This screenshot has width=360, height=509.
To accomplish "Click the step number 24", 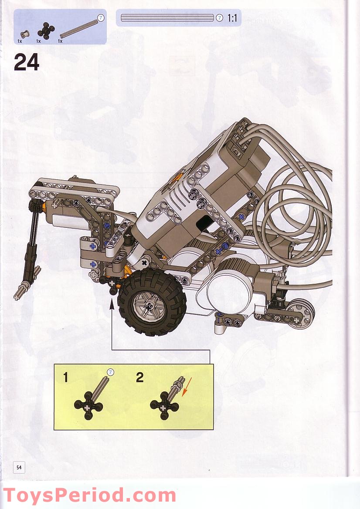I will [27, 62].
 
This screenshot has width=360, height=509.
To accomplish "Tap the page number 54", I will [19, 467].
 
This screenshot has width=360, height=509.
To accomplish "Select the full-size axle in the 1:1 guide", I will [168, 18].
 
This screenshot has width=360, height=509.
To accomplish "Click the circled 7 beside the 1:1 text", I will [219, 18].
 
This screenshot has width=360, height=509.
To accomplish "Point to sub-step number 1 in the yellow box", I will [66, 378].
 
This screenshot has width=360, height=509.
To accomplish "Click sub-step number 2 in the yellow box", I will [139, 377].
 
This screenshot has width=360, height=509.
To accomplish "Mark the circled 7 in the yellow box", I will [110, 372].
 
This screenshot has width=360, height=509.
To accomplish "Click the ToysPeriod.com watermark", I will [89, 496].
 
